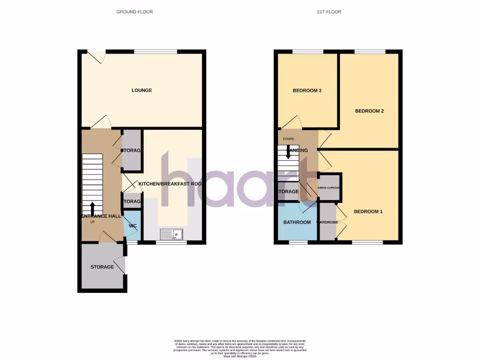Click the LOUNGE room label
pos(142,90)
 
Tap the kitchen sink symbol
pos(172,234)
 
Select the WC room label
pos(133,226)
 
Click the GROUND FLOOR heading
pos(135,12)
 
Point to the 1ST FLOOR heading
pos(329,12)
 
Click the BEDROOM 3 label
pos(307,90)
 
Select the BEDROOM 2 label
pos(369,111)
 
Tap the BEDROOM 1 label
pos(368,211)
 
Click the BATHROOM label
pos(297,222)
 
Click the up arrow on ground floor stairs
pos(92,207)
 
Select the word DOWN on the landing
pos(288,139)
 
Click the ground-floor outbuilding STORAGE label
pos(102,267)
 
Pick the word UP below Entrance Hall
pos(92,222)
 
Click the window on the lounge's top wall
pos(156,51)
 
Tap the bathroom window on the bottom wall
pos(295,242)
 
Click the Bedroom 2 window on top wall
pos(370,51)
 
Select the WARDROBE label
pos(328,222)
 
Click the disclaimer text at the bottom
pos(240,348)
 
